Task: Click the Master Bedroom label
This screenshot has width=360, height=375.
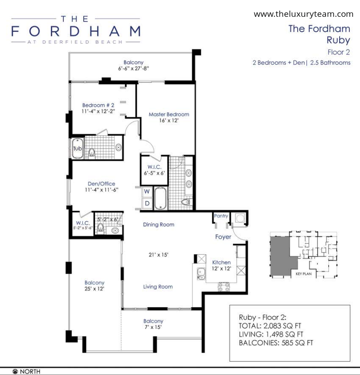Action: [169, 115]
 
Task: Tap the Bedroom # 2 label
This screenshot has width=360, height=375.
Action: [98, 105]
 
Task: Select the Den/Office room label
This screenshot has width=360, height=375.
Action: [101, 184]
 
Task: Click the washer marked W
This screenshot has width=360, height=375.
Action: [147, 191]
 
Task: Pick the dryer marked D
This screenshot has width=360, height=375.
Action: [147, 203]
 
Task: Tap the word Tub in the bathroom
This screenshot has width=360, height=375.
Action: [77, 149]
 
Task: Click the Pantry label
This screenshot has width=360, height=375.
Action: [221, 216]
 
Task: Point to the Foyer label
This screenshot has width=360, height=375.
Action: [223, 237]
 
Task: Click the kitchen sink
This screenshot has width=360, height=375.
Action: [201, 274]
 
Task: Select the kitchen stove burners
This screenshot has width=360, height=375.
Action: [224, 287]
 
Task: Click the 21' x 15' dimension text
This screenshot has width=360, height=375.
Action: [158, 255]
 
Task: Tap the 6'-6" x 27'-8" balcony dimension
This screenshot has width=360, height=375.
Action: [134, 69]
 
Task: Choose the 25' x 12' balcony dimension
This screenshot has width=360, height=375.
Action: [94, 289]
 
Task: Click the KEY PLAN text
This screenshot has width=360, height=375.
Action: [303, 274]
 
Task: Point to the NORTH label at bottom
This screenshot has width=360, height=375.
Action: [30, 371]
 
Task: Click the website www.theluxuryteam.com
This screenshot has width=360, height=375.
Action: [303, 14]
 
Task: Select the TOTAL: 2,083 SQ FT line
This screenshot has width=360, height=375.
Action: [270, 326]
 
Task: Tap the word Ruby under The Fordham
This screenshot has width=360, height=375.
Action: [338, 40]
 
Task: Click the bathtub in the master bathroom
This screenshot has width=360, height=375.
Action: [160, 198]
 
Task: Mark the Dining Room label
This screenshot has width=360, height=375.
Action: [159, 225]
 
